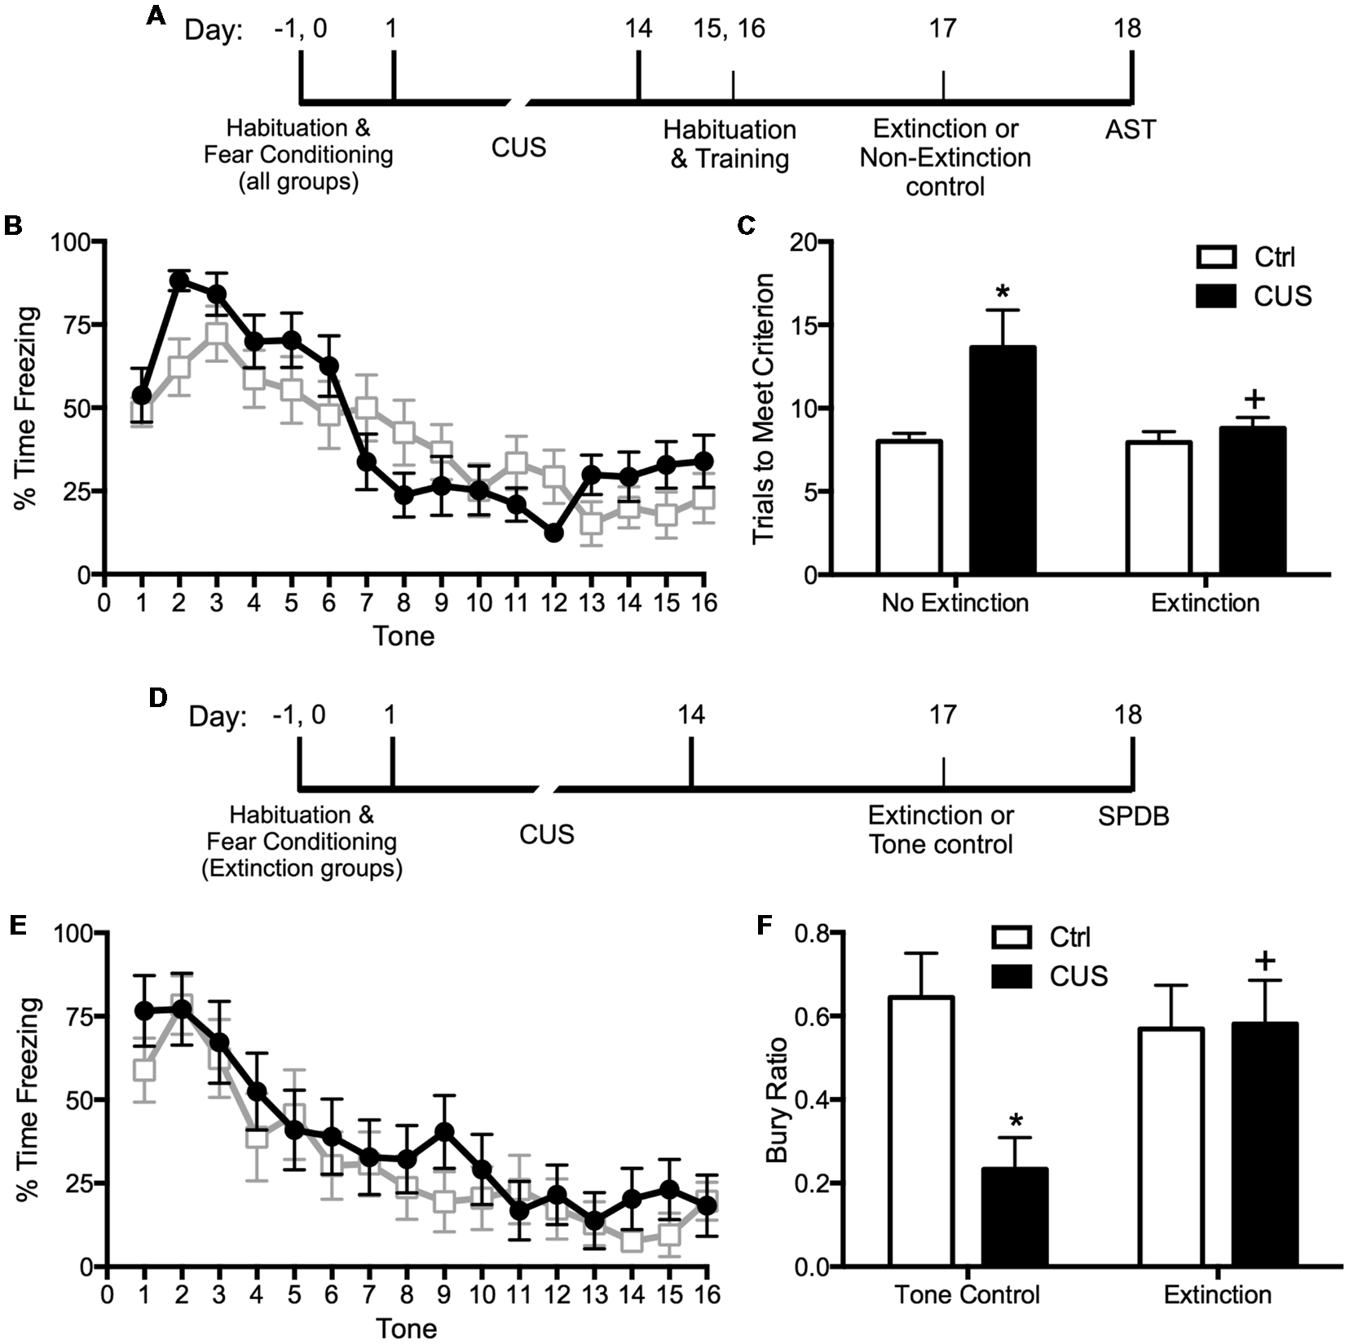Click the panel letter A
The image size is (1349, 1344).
click(x=156, y=16)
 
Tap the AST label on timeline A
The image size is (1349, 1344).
click(x=1130, y=130)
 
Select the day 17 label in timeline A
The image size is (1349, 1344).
click(x=942, y=29)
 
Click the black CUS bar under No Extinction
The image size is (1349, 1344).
click(x=1003, y=460)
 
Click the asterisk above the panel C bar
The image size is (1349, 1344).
click(x=1003, y=293)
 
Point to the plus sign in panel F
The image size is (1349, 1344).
click(x=1265, y=960)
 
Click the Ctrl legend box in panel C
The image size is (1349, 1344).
click(x=1216, y=257)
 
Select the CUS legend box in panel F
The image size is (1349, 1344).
click(x=1012, y=976)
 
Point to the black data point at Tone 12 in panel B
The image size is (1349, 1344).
click(x=554, y=533)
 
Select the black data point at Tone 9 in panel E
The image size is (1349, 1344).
click(x=444, y=1132)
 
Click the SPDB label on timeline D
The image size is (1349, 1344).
click(x=1132, y=816)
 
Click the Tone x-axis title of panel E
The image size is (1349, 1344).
click(x=406, y=1328)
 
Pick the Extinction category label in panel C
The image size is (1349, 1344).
click(x=1205, y=603)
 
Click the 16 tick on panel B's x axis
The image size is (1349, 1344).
click(x=704, y=603)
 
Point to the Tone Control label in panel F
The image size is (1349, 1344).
click(x=967, y=1295)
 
